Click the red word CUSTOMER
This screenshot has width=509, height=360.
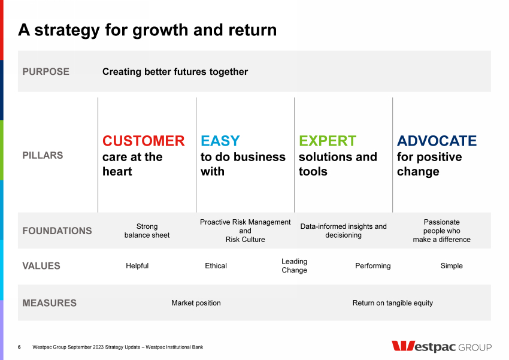coord(144,141)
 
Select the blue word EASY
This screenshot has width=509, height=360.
coord(220,141)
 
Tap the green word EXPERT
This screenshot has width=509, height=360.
coord(328,141)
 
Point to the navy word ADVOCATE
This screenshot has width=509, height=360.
coord(437,141)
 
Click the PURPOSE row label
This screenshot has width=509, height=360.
coord(46,71)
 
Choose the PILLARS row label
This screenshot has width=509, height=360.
coord(43,155)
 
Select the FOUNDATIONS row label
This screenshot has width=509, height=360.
coord(57,231)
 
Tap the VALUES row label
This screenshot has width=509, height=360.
coord(41,266)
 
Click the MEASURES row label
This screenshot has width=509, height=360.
coord(49,303)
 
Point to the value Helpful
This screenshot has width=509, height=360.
coord(137,266)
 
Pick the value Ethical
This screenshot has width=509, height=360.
coord(216,266)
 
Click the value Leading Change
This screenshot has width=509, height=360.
coord(295,266)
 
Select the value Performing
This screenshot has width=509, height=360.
coord(373,266)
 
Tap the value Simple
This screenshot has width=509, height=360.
coord(452,266)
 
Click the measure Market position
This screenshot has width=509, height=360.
coord(196,303)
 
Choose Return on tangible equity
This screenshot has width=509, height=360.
coord(393,303)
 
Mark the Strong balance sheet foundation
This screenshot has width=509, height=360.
coord(147,231)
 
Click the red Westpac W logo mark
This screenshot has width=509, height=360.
coord(403,346)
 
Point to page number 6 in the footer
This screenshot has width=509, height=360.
coord(19,347)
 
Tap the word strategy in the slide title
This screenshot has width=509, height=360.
coord(67,30)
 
